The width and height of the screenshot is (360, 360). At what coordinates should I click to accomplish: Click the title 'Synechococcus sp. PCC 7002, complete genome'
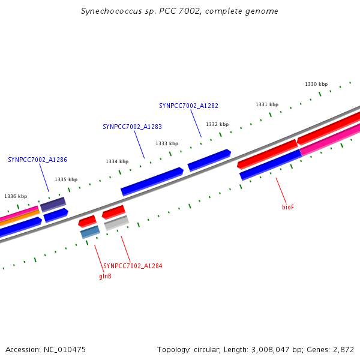[179, 11]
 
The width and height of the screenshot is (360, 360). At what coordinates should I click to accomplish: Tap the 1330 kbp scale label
[316, 85]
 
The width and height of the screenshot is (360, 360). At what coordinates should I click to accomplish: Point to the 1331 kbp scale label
[267, 104]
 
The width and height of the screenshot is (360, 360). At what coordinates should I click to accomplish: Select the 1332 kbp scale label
[217, 124]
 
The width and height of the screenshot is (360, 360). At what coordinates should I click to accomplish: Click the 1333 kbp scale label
[167, 143]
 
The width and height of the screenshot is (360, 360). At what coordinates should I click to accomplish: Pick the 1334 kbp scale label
[117, 161]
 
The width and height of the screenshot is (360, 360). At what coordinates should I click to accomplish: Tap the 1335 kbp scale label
[66, 179]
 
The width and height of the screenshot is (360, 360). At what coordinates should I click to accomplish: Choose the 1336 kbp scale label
[16, 196]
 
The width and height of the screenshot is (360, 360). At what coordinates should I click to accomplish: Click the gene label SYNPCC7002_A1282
[188, 106]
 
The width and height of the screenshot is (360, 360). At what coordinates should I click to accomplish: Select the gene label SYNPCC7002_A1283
[132, 127]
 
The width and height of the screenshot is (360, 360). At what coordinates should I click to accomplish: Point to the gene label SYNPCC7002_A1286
[37, 160]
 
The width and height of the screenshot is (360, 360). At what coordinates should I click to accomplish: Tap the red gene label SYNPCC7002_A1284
[133, 266]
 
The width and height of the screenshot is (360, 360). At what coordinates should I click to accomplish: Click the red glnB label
[105, 277]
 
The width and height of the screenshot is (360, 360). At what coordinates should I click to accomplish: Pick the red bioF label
[288, 207]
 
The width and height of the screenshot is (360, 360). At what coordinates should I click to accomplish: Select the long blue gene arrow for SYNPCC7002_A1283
[152, 182]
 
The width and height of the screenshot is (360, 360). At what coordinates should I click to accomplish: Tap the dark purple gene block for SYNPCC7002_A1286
[53, 204]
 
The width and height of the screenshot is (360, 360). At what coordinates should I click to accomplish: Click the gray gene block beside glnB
[116, 224]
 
